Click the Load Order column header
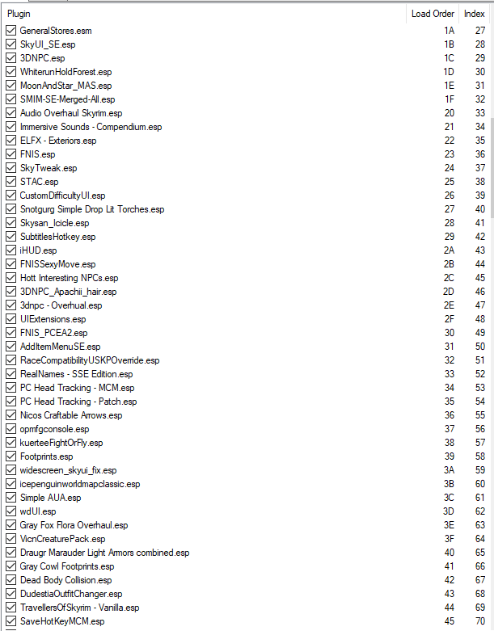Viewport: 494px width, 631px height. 433,14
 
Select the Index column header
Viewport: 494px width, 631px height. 474,14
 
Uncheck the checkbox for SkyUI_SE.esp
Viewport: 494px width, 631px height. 11,44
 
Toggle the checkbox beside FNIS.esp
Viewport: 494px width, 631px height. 11,154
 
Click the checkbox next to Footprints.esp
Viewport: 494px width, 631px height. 11,456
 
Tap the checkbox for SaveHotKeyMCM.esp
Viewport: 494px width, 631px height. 11,621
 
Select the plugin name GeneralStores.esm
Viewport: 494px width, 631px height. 56,31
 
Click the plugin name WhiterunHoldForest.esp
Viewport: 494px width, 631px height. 65,72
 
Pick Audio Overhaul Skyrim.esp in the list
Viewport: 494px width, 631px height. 70,113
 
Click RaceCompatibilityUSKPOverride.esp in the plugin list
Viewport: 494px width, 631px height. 90,360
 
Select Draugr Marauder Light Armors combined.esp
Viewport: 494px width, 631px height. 104,553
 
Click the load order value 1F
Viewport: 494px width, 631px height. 449,99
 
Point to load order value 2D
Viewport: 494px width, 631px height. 449,292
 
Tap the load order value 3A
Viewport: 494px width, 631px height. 449,470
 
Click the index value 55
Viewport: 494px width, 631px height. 479,415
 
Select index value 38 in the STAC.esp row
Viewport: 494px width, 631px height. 479,182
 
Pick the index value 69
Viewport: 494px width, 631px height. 479,608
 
